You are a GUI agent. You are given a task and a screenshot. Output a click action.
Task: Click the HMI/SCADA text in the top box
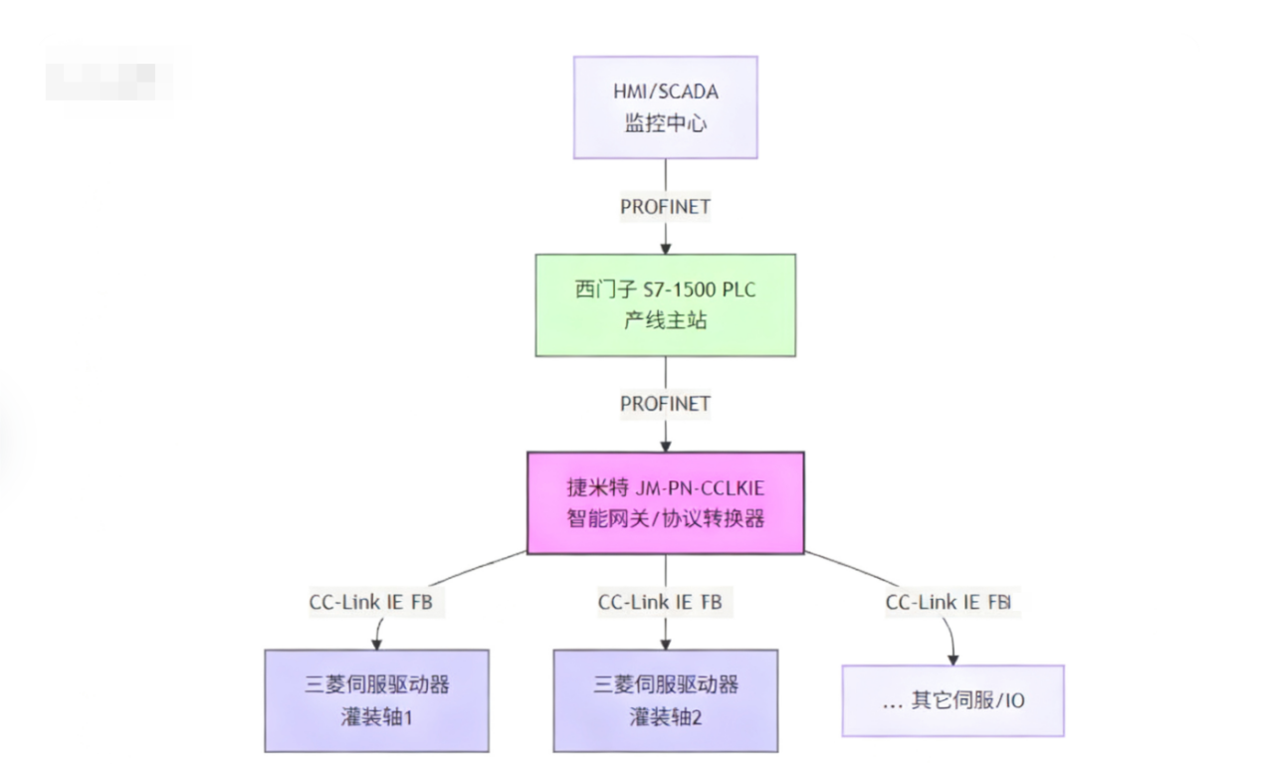(x=665, y=92)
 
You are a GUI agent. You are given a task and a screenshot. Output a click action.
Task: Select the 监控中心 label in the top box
(x=665, y=124)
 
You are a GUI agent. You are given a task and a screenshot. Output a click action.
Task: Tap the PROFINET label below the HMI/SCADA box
(x=665, y=207)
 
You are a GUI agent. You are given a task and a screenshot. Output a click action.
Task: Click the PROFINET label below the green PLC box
(x=665, y=404)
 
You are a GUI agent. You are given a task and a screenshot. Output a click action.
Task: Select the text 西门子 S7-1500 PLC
(x=665, y=289)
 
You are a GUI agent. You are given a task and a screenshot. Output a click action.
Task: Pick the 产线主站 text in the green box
(x=665, y=322)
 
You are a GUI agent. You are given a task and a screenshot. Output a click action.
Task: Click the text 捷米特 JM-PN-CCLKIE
(x=665, y=487)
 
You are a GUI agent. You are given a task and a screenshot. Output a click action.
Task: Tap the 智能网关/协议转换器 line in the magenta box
(x=665, y=518)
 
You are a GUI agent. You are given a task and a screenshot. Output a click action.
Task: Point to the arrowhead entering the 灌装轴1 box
(x=376, y=643)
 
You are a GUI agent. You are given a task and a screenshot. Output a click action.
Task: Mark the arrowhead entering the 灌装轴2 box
(x=665, y=643)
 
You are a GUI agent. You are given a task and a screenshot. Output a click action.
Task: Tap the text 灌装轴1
(x=376, y=716)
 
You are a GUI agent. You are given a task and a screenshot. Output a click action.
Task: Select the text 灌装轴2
(x=665, y=716)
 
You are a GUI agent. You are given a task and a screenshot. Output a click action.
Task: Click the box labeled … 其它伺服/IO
(x=952, y=700)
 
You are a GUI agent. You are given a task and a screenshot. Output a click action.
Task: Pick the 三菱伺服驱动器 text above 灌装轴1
(x=376, y=684)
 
